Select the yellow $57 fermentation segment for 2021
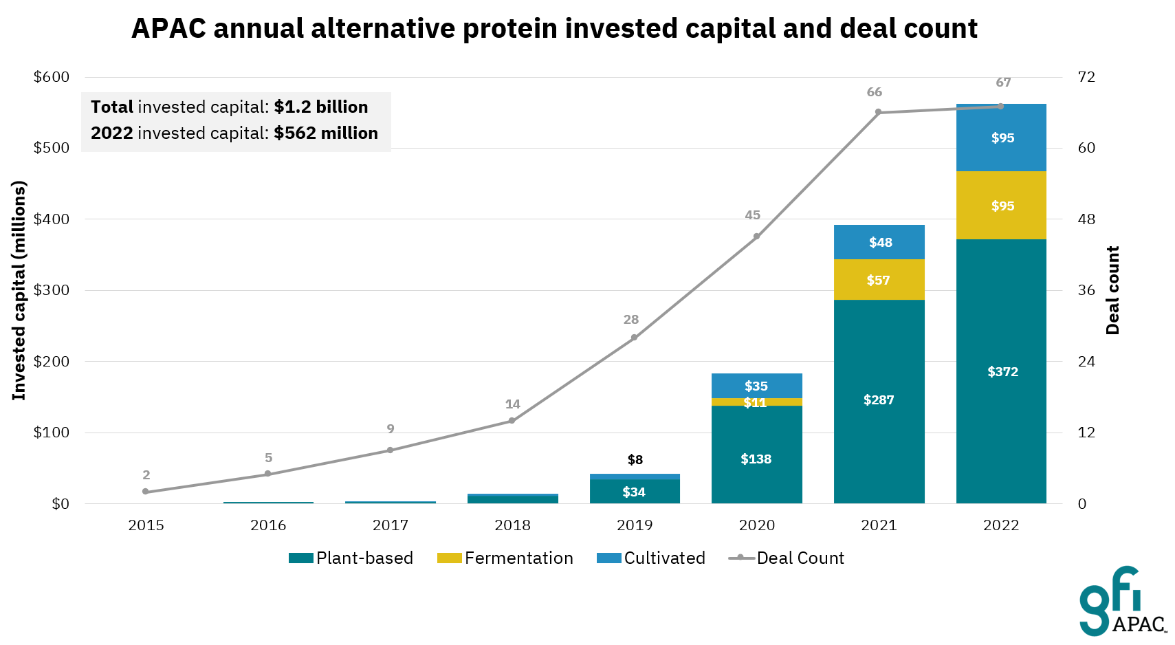pyautogui.click(x=879, y=280)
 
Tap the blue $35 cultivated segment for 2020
pyautogui.click(x=756, y=386)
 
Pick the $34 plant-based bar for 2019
pyautogui.click(x=634, y=492)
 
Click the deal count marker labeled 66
pyautogui.click(x=878, y=112)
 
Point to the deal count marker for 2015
pyautogui.click(x=145, y=492)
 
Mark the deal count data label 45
pyautogui.click(x=752, y=215)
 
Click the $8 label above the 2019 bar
pyautogui.click(x=635, y=459)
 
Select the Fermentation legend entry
pyautogui.click(x=505, y=558)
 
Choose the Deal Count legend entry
pyautogui.click(x=787, y=558)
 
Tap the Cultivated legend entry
pyautogui.click(x=651, y=558)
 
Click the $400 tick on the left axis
pyautogui.click(x=52, y=219)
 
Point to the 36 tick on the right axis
pyautogui.click(x=1086, y=290)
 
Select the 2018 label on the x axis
pyautogui.click(x=512, y=525)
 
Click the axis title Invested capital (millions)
pyautogui.click(x=19, y=290)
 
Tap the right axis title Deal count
pyautogui.click(x=1112, y=290)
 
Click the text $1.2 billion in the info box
pyautogui.click(x=320, y=107)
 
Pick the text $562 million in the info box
pyautogui.click(x=325, y=133)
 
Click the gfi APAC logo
pyautogui.click(x=1121, y=602)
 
